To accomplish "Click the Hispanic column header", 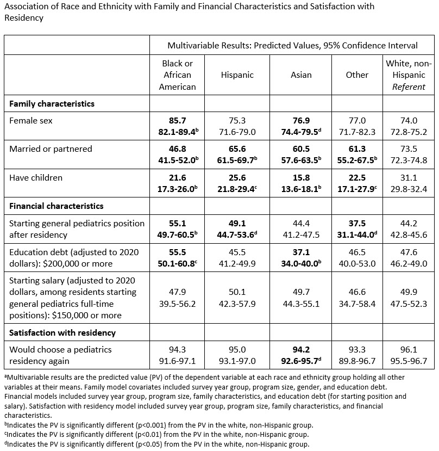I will [x=237, y=75].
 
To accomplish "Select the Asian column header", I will [x=301, y=75].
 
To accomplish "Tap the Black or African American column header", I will [x=177, y=75].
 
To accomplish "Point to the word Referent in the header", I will [x=409, y=87].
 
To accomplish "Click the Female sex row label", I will [x=31, y=121].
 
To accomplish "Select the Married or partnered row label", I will [x=51, y=149].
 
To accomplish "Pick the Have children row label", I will [x=36, y=177].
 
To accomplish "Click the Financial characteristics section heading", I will [x=57, y=206].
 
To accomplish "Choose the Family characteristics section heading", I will [x=52, y=103].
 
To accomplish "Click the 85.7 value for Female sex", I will [x=177, y=121].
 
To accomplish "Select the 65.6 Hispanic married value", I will [x=237, y=149].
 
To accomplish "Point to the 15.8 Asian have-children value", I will [x=301, y=177].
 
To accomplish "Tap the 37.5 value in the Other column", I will [x=357, y=223].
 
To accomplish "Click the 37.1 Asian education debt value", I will [x=301, y=252].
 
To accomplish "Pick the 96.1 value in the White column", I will [x=409, y=349].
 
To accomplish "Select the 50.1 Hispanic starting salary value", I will [x=237, y=293].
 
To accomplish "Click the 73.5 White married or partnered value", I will [x=409, y=149].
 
